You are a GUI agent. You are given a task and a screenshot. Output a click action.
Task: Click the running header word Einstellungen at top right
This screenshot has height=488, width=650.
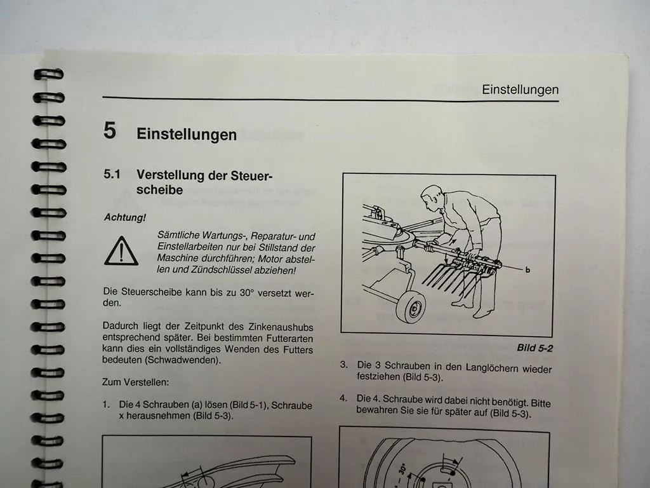click(x=520, y=90)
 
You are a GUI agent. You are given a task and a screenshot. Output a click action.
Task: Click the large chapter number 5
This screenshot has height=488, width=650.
click(x=110, y=131)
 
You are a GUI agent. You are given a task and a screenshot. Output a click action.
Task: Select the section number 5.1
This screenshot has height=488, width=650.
click(x=112, y=174)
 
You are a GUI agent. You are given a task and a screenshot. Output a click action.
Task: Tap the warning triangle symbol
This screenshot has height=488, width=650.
click(x=121, y=252)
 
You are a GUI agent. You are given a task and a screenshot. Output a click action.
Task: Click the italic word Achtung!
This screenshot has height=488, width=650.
click(x=125, y=217)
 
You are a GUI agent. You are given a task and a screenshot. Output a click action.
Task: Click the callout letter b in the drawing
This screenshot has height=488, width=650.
click(x=527, y=269)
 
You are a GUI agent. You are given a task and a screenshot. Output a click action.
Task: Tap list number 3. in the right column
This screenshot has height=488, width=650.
click(x=343, y=365)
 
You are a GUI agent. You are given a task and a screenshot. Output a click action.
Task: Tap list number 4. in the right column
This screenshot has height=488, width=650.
click(x=343, y=399)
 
